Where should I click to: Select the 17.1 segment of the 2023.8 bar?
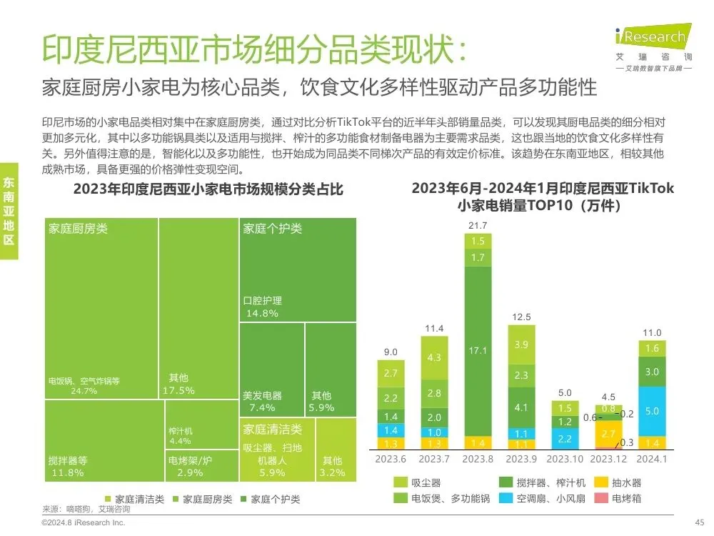point(478,350)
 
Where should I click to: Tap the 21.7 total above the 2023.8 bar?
point(478,226)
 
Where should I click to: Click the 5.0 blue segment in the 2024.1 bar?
point(652,411)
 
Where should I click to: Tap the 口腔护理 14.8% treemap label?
point(263,307)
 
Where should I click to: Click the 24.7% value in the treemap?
point(84,390)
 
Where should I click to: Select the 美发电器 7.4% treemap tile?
point(271,369)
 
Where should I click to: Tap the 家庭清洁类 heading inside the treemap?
point(272,430)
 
